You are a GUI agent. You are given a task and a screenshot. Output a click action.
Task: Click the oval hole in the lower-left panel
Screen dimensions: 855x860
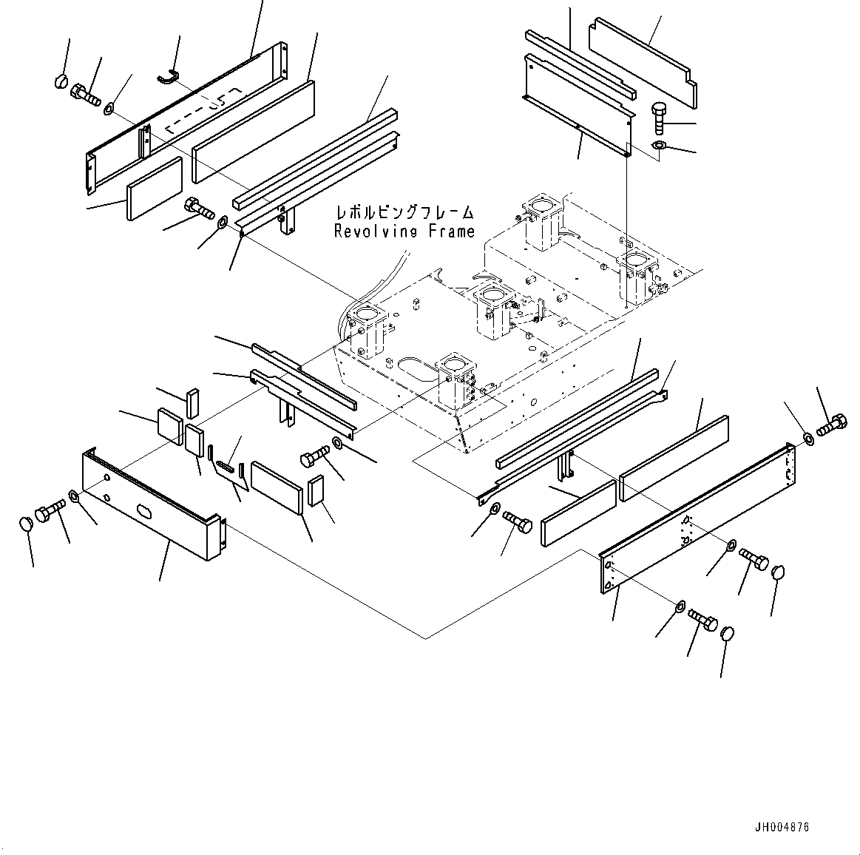click(x=143, y=511)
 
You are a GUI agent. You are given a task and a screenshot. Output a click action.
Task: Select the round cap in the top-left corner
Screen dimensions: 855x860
click(x=62, y=81)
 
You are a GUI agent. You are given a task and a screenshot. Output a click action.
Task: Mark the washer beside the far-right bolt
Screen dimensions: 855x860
click(x=808, y=439)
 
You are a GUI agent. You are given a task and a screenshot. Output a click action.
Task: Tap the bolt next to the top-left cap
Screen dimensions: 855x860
click(x=85, y=95)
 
